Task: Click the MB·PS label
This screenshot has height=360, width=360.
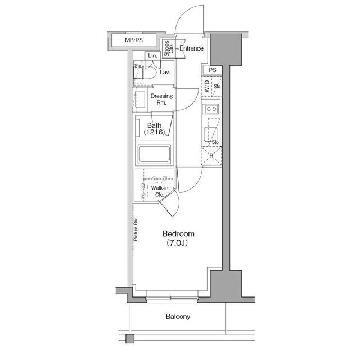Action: tap(134, 40)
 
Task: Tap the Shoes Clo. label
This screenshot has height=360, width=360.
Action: tap(169, 48)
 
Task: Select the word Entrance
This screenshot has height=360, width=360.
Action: tap(191, 48)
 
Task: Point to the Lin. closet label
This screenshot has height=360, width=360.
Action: tap(152, 56)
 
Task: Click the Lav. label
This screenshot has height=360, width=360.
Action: tap(165, 73)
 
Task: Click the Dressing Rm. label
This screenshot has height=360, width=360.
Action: tap(161, 99)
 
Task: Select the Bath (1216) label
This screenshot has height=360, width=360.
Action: tap(154, 129)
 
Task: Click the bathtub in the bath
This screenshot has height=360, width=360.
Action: tap(154, 154)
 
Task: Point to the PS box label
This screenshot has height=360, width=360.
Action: tap(213, 70)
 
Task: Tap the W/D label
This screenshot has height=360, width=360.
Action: tap(207, 86)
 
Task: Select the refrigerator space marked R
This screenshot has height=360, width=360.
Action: tap(211, 156)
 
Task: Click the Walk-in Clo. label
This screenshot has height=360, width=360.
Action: tap(160, 191)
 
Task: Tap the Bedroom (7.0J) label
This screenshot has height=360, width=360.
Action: tap(178, 238)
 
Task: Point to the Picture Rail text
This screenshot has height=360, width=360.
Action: tap(136, 229)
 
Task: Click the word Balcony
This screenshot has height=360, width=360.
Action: tap(178, 317)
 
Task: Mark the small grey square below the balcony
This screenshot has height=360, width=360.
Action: tap(130, 339)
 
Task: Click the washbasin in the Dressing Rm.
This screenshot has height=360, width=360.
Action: tap(140, 100)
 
